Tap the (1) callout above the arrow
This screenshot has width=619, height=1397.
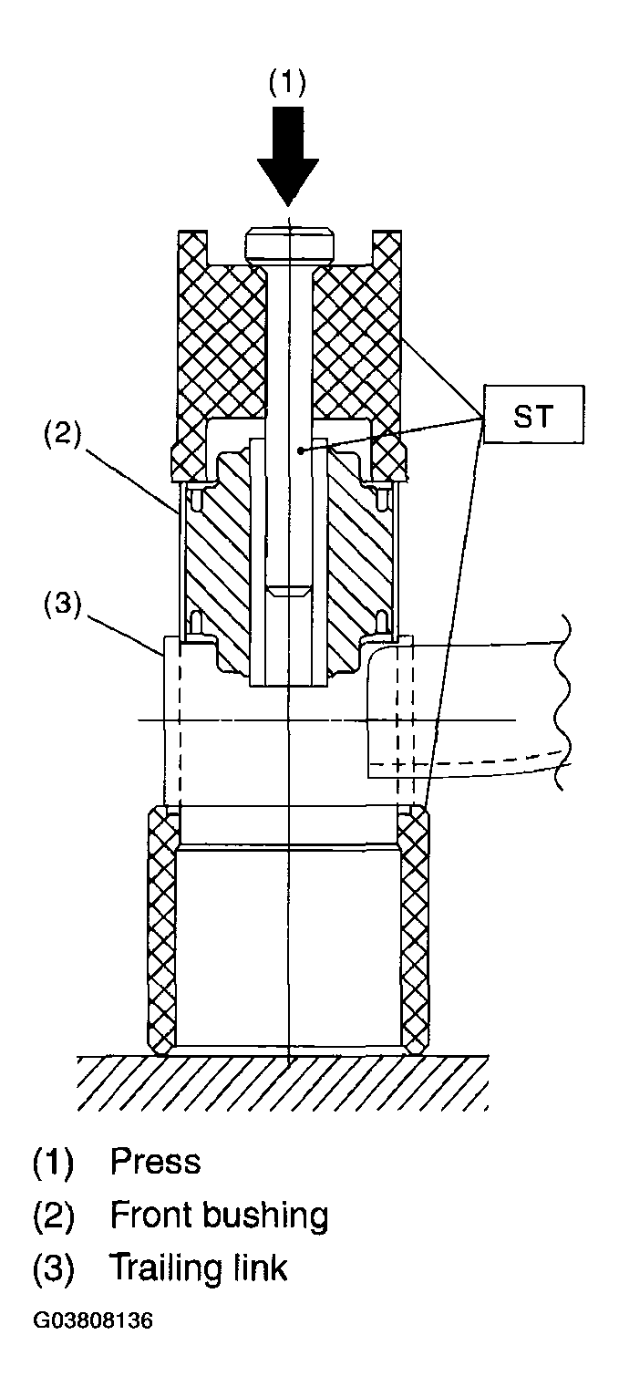287,82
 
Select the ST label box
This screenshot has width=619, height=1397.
533,415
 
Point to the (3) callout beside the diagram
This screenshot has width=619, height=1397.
62,605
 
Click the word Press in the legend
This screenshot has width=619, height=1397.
156,1161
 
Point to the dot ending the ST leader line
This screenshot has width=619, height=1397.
301,449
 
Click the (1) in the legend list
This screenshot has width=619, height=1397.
54,1162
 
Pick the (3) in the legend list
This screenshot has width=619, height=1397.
54,1268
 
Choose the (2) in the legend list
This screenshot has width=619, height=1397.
54,1215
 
